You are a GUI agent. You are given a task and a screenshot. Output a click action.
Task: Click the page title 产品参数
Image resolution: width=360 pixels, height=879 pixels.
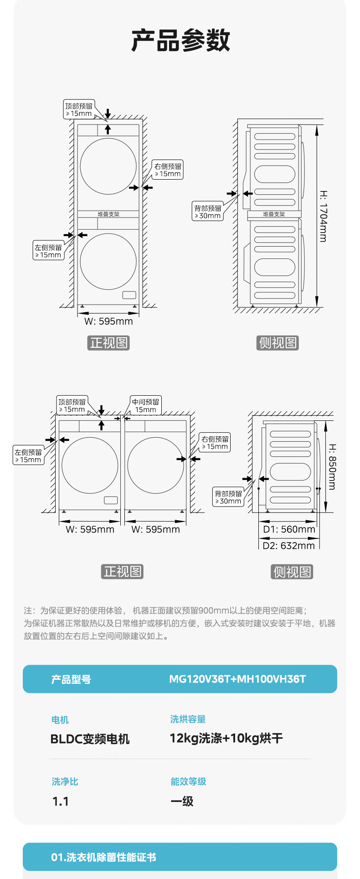click(x=180, y=40)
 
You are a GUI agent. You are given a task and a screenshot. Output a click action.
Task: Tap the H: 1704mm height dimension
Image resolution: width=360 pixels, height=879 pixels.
click(x=323, y=216)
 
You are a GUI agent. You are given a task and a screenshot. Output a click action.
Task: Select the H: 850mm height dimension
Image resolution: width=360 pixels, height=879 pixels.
click(x=332, y=466)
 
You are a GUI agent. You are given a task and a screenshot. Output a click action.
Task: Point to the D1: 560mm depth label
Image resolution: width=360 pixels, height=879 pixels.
click(x=289, y=529)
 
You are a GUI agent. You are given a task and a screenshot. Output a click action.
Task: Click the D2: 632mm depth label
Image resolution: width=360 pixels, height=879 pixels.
click(x=289, y=545)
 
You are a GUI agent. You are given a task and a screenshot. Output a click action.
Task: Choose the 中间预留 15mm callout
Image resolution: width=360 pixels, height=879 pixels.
click(x=146, y=405)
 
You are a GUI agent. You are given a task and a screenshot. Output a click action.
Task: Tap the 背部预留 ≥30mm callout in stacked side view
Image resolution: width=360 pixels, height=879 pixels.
click(x=208, y=212)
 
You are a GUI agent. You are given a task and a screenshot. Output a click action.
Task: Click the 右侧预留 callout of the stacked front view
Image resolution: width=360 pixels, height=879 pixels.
click(x=168, y=170)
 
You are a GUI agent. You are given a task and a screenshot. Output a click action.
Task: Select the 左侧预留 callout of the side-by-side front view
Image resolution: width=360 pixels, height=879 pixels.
click(x=28, y=456)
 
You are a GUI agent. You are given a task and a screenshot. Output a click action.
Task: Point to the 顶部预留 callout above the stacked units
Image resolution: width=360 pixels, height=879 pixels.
click(x=79, y=109)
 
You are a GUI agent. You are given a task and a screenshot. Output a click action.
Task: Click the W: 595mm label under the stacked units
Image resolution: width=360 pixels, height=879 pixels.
click(x=108, y=321)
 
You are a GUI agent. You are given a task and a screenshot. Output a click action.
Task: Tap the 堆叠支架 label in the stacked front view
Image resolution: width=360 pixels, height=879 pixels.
click(x=108, y=214)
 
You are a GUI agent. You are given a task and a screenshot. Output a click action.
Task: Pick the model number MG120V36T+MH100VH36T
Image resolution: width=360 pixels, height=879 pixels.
click(x=237, y=679)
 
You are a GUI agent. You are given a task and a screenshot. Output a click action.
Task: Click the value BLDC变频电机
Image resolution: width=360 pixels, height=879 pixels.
click(x=90, y=739)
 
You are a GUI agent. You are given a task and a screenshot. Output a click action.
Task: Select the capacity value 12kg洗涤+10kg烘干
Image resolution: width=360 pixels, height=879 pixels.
click(x=226, y=738)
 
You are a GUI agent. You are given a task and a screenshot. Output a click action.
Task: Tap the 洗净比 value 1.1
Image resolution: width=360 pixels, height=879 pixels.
click(x=61, y=801)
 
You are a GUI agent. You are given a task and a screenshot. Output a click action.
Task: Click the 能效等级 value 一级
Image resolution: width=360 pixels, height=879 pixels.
click(x=182, y=801)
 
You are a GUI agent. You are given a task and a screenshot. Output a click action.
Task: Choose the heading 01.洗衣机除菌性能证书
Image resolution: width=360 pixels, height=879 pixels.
click(x=103, y=857)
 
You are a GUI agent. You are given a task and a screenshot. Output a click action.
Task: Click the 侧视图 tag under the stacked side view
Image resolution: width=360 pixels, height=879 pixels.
click(x=278, y=343)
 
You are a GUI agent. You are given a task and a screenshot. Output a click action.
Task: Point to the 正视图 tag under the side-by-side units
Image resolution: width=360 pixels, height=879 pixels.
click(x=122, y=571)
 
